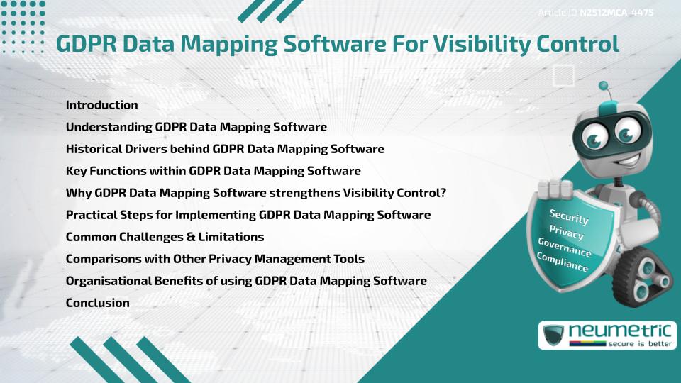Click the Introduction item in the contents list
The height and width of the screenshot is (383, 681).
point(101,105)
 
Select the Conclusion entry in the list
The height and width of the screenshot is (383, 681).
point(97,303)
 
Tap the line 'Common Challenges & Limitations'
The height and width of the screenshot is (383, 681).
point(165,237)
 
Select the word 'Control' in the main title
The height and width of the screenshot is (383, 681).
point(580,44)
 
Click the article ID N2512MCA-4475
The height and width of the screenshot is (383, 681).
point(616,13)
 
